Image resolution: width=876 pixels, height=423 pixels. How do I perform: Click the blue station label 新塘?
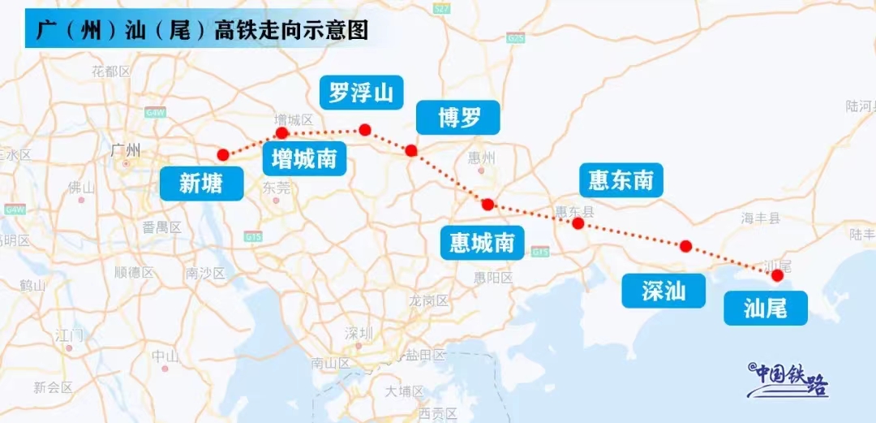(x=200, y=184)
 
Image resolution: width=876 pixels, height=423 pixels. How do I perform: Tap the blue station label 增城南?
(x=304, y=158)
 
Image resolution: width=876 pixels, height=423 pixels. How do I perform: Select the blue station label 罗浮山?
(x=361, y=93)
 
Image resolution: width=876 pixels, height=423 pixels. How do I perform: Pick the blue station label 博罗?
(x=458, y=119)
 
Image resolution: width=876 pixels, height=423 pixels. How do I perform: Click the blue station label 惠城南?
(x=482, y=242)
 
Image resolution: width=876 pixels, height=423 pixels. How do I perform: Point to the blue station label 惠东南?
(x=620, y=179)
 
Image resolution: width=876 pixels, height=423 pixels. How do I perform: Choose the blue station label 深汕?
(x=663, y=291)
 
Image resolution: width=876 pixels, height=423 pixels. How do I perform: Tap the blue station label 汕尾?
(x=765, y=309)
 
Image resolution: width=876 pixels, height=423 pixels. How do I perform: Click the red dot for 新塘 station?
(x=223, y=154)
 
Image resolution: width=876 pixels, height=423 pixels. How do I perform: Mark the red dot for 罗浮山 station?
(x=365, y=129)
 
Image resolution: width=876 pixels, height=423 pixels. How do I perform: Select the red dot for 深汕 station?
(x=685, y=246)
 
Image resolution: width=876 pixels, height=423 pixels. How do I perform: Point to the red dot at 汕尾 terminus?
(x=777, y=275)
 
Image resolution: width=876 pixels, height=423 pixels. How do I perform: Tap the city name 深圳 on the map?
(x=359, y=333)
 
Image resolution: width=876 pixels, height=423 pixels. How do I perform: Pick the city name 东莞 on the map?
(x=277, y=187)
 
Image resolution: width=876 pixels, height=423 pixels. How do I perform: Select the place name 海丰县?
(x=760, y=218)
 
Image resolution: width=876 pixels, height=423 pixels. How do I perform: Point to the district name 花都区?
(x=111, y=71)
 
